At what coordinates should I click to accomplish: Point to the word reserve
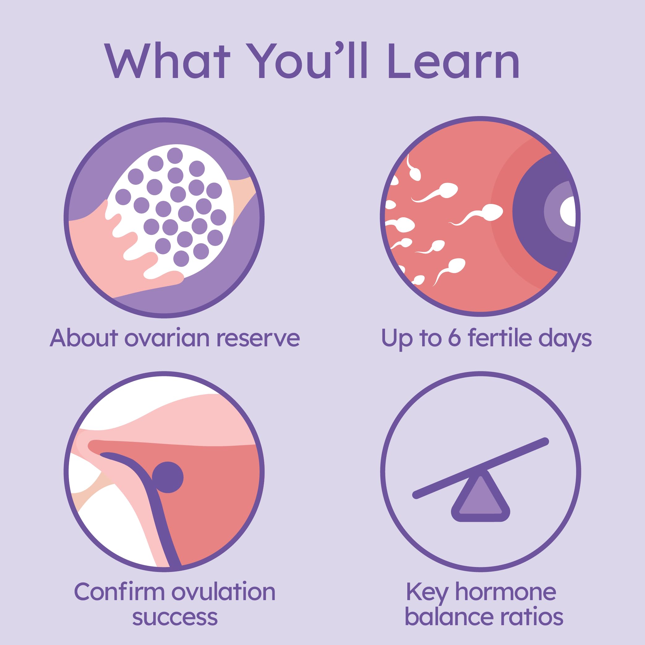[258, 338]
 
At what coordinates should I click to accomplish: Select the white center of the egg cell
[569, 211]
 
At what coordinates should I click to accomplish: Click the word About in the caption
[84, 338]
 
